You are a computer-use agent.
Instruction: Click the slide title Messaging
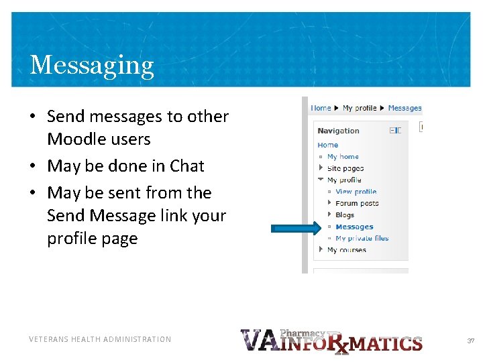tap(92, 65)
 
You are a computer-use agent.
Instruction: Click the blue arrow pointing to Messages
tap(296, 228)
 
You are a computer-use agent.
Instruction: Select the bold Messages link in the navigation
tap(354, 227)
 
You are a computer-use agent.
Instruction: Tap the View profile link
tap(356, 192)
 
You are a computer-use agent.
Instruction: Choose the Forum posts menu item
tap(357, 203)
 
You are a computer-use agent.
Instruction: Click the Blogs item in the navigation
tap(345, 215)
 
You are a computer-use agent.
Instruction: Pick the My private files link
tap(362, 239)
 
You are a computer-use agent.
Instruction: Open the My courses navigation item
tap(346, 250)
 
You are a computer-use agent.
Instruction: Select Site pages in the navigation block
tap(345, 168)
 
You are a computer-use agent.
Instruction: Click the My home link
tap(343, 157)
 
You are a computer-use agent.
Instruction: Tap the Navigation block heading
tap(338, 131)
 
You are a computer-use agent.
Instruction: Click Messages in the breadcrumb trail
tap(405, 108)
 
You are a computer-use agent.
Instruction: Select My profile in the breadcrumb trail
tap(360, 108)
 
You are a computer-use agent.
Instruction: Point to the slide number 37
tap(470, 341)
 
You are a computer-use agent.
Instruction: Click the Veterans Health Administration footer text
tap(100, 339)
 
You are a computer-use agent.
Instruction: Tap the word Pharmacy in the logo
tap(302, 333)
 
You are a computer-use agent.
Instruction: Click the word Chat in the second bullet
tap(186, 166)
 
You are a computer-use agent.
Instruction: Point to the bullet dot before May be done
tap(32, 166)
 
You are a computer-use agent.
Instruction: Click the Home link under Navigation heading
tap(327, 145)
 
